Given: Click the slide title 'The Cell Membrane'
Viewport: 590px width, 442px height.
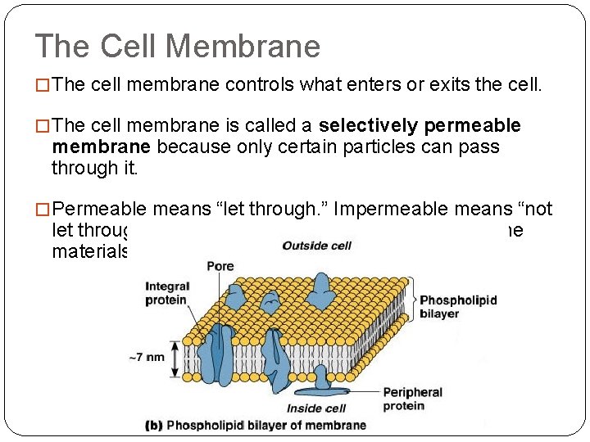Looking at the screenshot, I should (178, 47).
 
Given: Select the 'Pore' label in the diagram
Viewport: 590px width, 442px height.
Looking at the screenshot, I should (220, 266).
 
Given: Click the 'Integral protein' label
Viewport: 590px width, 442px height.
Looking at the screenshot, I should (167, 293).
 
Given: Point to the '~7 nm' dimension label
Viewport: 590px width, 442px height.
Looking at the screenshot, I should (148, 356).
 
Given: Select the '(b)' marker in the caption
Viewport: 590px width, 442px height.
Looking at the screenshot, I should (154, 425).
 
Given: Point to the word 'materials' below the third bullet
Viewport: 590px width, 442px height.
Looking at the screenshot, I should (90, 250).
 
